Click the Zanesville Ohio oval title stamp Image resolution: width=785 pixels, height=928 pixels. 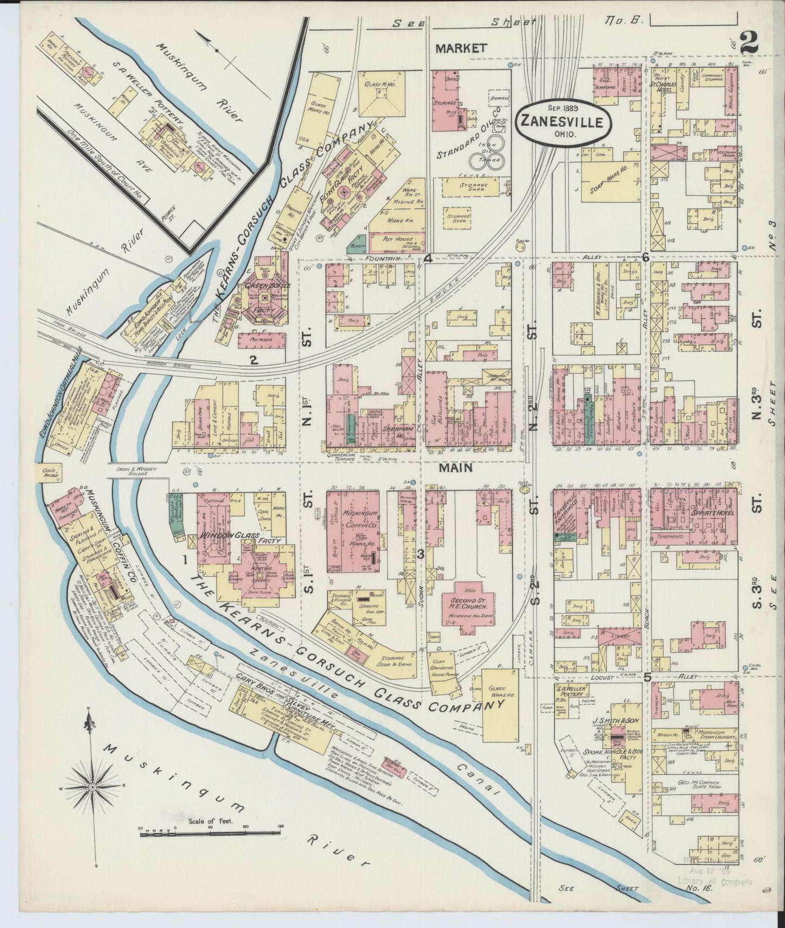[562, 122]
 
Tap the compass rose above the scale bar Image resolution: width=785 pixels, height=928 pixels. [92, 786]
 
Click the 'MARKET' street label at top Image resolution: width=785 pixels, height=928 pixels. [461, 49]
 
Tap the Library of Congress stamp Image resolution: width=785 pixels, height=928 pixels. [715, 880]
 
